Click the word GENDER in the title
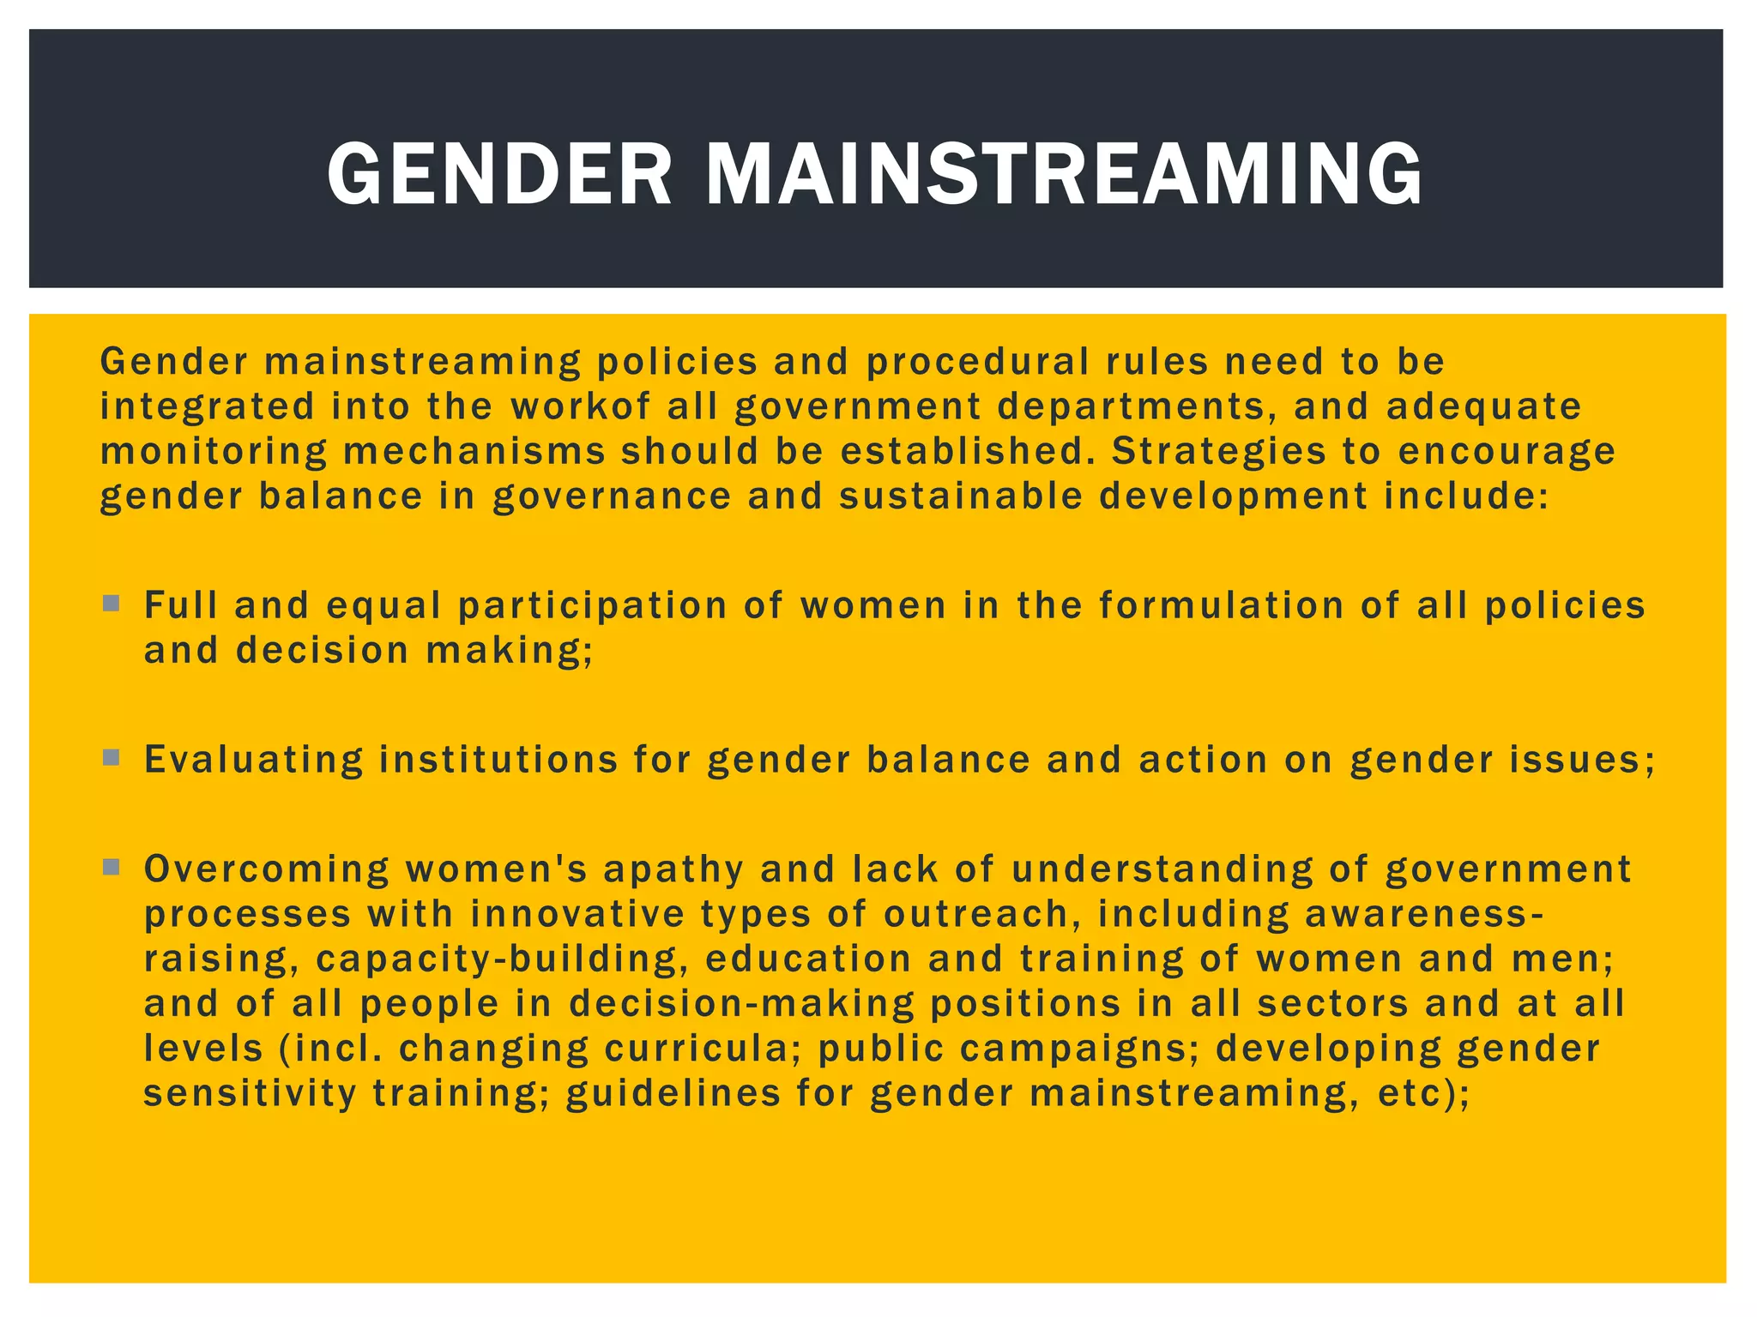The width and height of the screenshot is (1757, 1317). click(500, 174)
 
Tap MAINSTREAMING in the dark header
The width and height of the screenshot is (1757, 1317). click(1064, 174)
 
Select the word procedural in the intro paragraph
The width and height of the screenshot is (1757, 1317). click(977, 362)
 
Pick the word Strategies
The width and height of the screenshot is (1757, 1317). click(1219, 452)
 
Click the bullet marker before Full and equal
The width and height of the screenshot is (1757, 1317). click(111, 604)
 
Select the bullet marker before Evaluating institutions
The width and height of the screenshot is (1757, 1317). click(111, 758)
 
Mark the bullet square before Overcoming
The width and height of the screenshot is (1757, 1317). click(111, 867)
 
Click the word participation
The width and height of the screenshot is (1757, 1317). click(593, 606)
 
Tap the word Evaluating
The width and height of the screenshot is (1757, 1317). click(254, 760)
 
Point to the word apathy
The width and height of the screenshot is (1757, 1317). click(673, 869)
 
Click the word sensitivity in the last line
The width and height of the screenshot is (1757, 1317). click(250, 1094)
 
